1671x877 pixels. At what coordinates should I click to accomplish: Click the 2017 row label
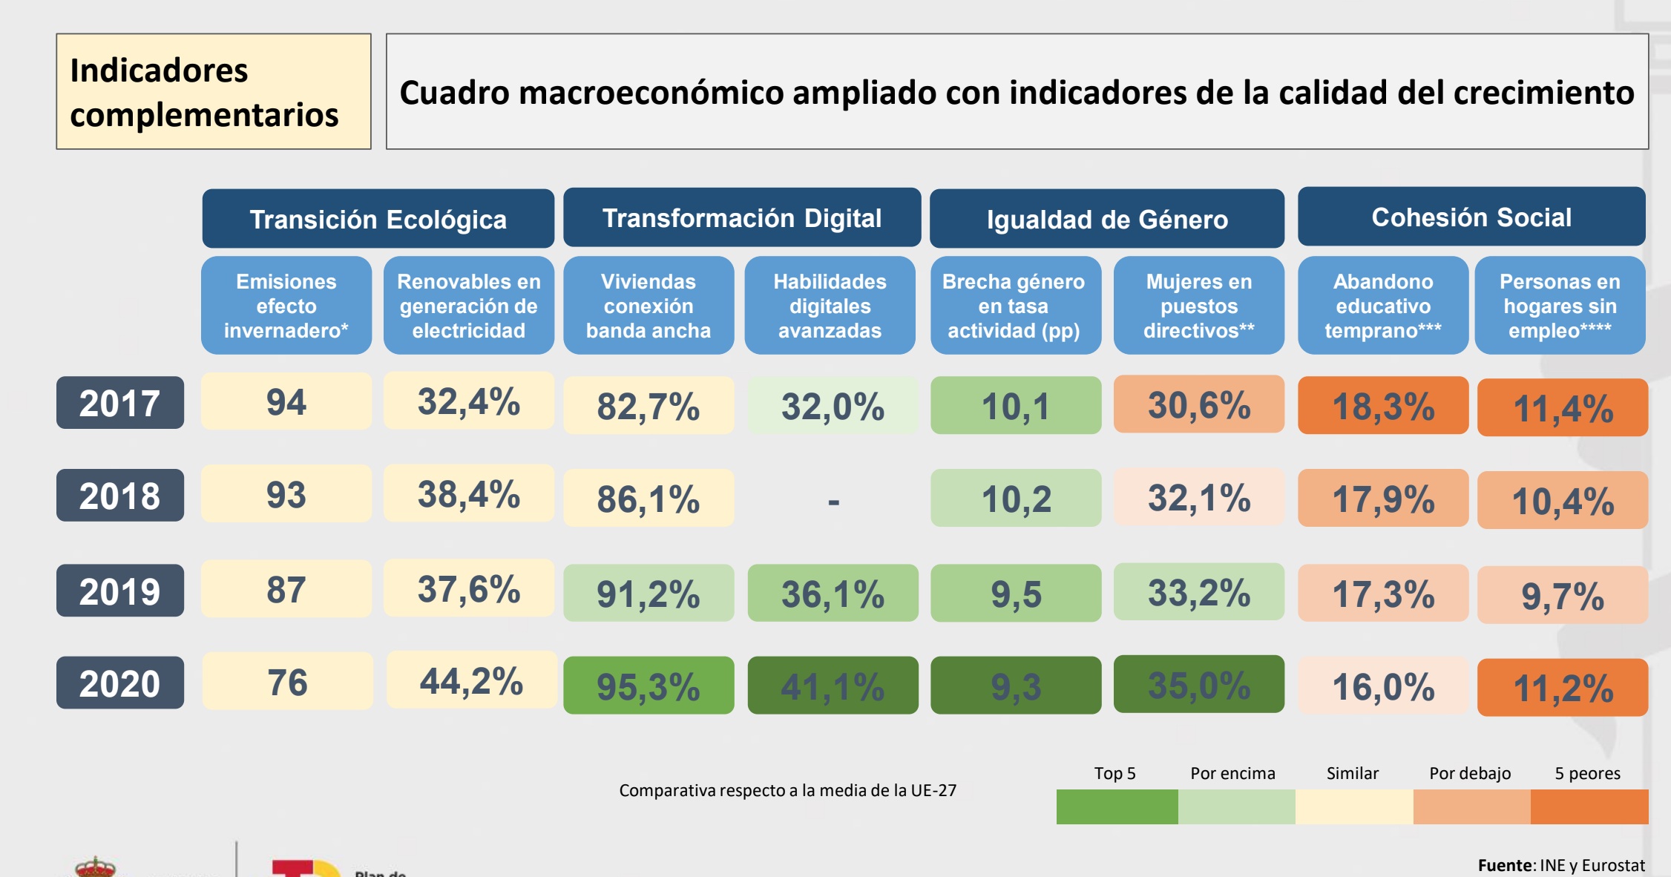tap(119, 403)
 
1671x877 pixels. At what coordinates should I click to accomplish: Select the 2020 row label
tap(119, 683)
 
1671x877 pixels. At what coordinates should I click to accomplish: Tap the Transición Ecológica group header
tap(378, 219)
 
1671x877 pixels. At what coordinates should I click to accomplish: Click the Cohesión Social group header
tap(1471, 217)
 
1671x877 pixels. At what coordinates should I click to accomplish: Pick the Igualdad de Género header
tap(1106, 219)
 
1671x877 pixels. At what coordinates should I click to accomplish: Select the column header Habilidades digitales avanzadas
tap(830, 306)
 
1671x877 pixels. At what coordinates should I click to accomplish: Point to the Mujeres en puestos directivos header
tap(1198, 306)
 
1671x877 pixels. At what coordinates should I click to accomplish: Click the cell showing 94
tap(286, 401)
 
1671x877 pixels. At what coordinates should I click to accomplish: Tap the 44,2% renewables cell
tap(471, 681)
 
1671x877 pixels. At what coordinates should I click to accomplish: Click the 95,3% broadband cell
tap(649, 686)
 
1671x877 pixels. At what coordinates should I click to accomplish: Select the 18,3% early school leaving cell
tap(1383, 406)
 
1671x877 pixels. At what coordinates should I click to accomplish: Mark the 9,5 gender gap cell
tap(1016, 594)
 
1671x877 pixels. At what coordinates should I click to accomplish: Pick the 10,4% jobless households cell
tap(1562, 501)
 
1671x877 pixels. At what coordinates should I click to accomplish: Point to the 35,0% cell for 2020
tap(1198, 684)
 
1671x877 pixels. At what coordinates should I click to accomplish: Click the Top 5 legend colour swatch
tap(1116, 807)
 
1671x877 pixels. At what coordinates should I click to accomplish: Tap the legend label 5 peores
tap(1587, 773)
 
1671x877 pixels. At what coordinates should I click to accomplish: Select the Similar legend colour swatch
tap(1353, 807)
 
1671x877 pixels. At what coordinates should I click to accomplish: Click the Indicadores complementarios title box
tap(214, 91)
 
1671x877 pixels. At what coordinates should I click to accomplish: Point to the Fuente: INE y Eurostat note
tap(1560, 865)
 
